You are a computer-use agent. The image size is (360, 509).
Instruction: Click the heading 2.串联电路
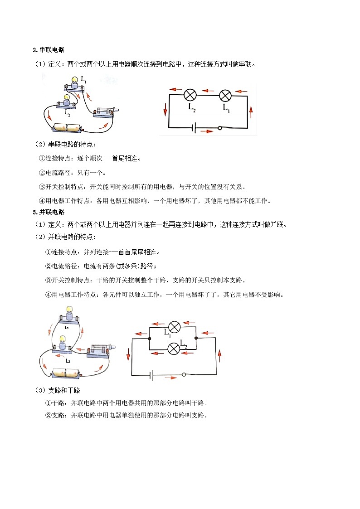point(49,50)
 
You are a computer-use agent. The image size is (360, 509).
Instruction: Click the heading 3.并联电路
point(49,212)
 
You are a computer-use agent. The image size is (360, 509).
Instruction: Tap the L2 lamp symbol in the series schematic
point(190,95)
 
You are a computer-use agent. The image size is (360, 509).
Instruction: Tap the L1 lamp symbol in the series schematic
point(225,96)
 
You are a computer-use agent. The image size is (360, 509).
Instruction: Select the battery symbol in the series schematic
point(194,128)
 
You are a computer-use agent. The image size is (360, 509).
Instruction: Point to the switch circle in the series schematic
point(220,128)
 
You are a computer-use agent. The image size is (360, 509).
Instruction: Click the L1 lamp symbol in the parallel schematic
point(174,327)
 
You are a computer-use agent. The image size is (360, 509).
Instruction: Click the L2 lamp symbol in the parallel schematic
point(174,349)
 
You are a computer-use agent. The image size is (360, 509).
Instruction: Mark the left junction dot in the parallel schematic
point(149,339)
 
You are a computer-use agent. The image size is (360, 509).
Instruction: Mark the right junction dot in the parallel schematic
point(196,338)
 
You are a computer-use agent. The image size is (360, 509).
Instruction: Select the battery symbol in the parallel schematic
point(151,375)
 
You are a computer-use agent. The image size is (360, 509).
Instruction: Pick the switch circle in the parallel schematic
point(184,374)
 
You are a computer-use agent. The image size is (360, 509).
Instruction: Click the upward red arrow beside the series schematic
point(251,112)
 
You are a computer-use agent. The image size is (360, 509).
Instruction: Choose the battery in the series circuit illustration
point(67,127)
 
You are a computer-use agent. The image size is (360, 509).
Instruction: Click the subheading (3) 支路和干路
point(57,390)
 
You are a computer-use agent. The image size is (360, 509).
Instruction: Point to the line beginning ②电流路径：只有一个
point(72,173)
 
